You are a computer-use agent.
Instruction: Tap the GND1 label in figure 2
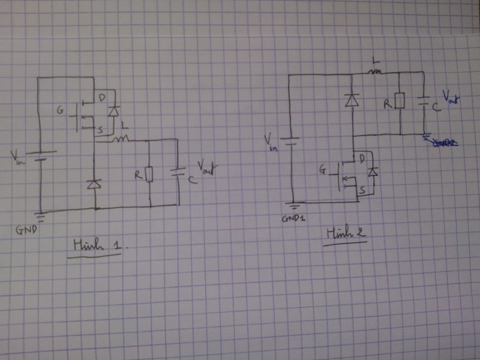click(x=292, y=219)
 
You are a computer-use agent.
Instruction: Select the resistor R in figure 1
click(x=148, y=175)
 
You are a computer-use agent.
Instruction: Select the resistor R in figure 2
click(x=399, y=102)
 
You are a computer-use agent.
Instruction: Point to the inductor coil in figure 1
click(x=122, y=139)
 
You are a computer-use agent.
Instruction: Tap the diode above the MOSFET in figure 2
click(x=350, y=101)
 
